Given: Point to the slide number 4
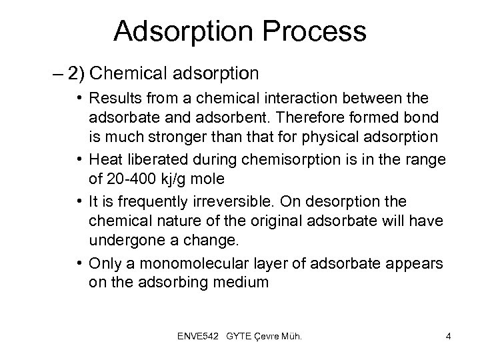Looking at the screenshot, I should (x=448, y=337).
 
